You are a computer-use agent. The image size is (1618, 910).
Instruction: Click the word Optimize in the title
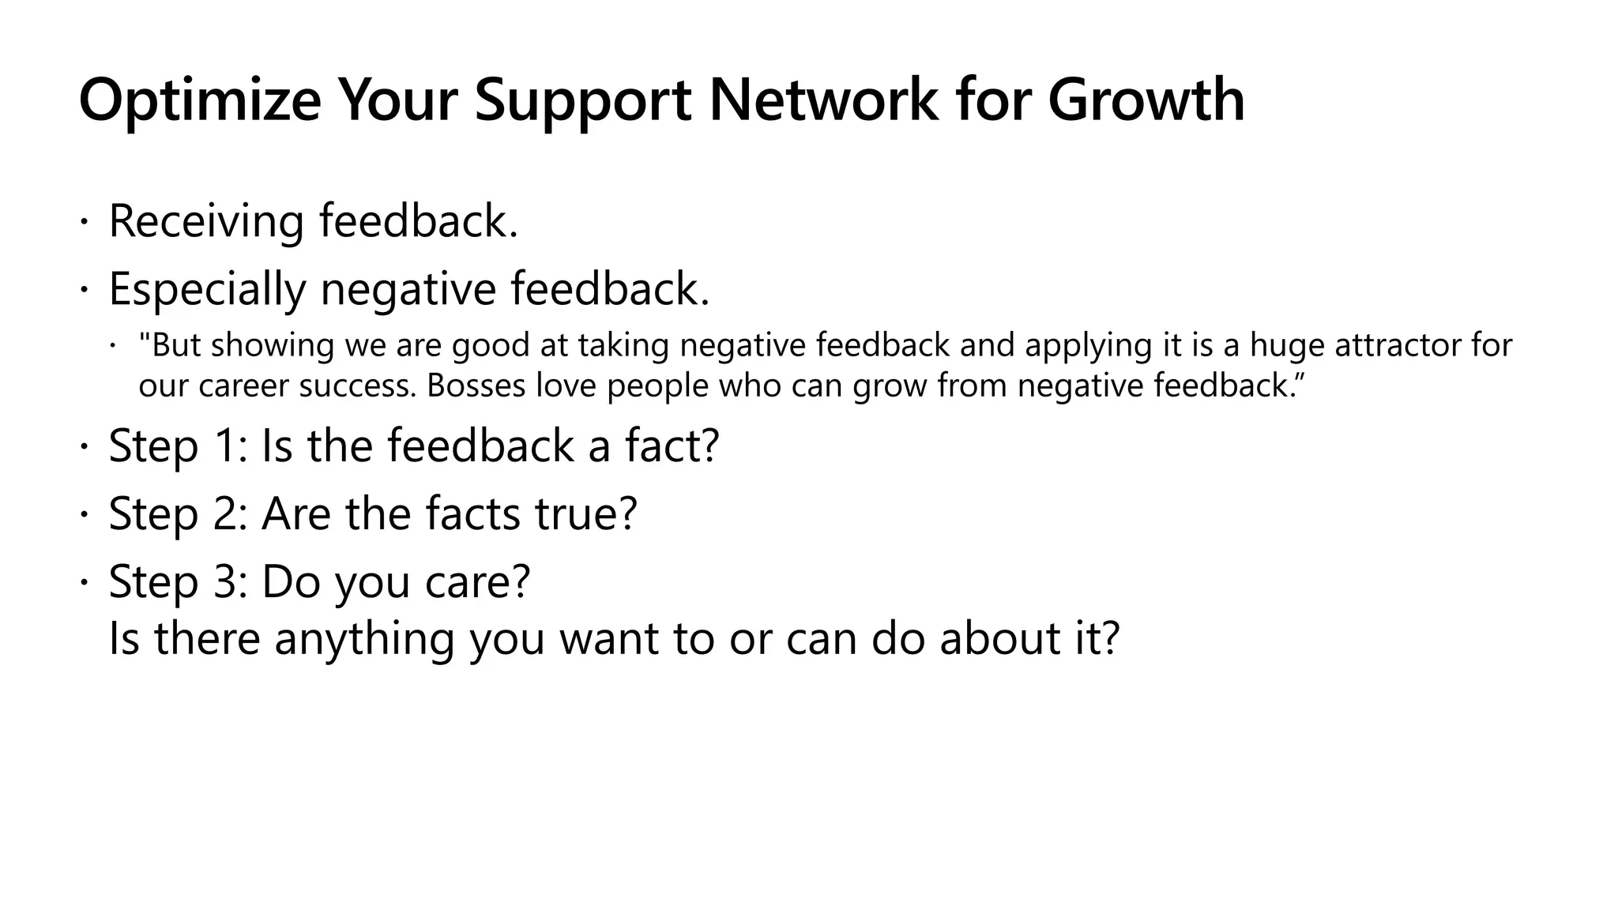pyautogui.click(x=200, y=100)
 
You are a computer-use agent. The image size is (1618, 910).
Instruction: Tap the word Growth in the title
pyautogui.click(x=1146, y=100)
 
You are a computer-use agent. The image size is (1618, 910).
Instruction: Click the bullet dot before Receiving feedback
pyautogui.click(x=83, y=223)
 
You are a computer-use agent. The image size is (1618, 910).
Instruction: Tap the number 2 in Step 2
pyautogui.click(x=228, y=513)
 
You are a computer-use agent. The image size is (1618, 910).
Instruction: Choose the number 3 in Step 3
pyautogui.click(x=228, y=581)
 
